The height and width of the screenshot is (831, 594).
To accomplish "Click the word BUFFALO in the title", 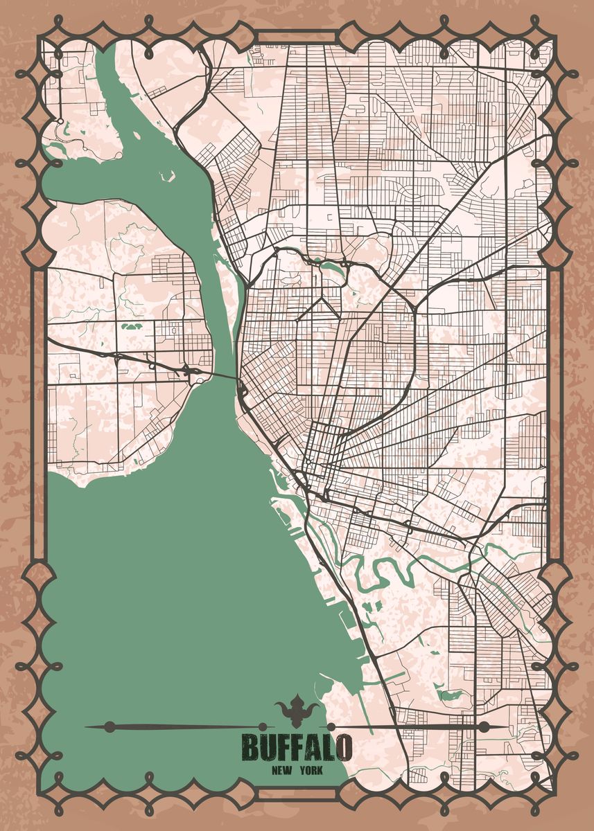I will pyautogui.click(x=297, y=747).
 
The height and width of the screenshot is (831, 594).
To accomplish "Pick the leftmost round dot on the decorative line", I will pyautogui.click(x=109, y=726).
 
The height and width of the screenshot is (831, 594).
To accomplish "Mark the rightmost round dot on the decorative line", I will pyautogui.click(x=483, y=726).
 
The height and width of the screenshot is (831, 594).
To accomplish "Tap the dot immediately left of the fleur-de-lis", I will pyautogui.click(x=263, y=726).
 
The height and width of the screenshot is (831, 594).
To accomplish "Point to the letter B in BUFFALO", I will pyautogui.click(x=250, y=747).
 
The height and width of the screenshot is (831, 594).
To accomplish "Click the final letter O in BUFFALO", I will pyautogui.click(x=343, y=747).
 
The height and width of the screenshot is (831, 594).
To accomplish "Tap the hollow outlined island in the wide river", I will pyautogui.click(x=166, y=177).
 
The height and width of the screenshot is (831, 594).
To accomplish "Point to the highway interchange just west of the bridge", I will pyautogui.click(x=192, y=370).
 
